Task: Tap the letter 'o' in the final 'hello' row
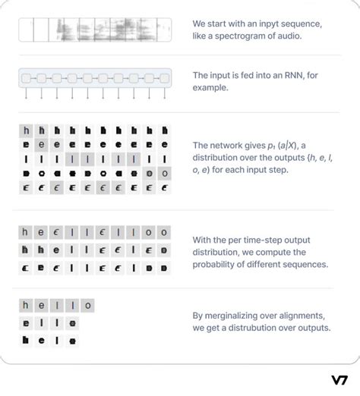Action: click(88, 306)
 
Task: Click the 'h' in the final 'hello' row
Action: click(25, 306)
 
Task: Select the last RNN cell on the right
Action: click(164, 78)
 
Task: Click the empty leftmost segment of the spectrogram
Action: click(25, 30)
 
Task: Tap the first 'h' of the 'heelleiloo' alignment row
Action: click(25, 232)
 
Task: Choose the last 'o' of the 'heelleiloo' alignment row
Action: click(164, 232)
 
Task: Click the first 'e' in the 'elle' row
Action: click(25, 322)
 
